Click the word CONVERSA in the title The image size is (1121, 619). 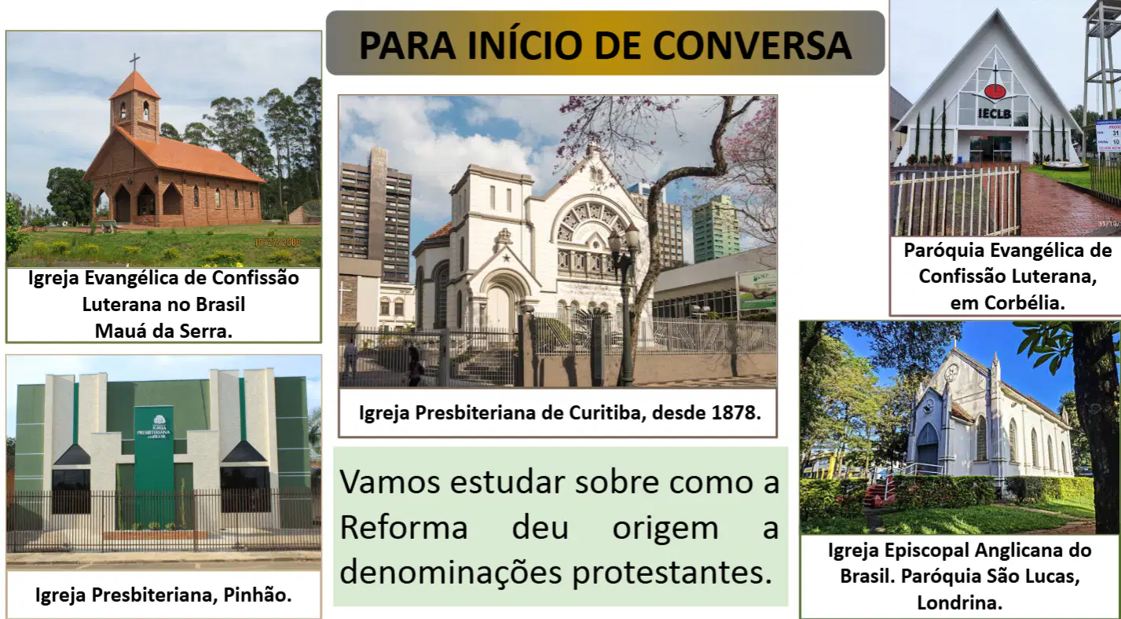pyautogui.click(x=752, y=46)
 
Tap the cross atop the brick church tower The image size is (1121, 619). pyautogui.click(x=134, y=61)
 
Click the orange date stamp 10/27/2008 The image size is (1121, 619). pyautogui.click(x=277, y=243)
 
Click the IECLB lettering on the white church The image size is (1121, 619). pyautogui.click(x=995, y=114)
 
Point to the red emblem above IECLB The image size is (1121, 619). pyautogui.click(x=995, y=92)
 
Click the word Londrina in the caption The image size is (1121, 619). pyautogui.click(x=960, y=603)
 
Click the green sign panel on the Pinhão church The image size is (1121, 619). pyautogui.click(x=154, y=463)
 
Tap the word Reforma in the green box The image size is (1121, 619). pyautogui.click(x=404, y=527)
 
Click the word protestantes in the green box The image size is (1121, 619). pyautogui.click(x=672, y=573)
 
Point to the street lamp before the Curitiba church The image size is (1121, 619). pyautogui.click(x=625, y=306)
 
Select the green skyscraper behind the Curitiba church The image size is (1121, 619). pyautogui.click(x=715, y=229)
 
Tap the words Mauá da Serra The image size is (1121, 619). pyautogui.click(x=163, y=331)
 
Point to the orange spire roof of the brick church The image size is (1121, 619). pyautogui.click(x=134, y=84)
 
